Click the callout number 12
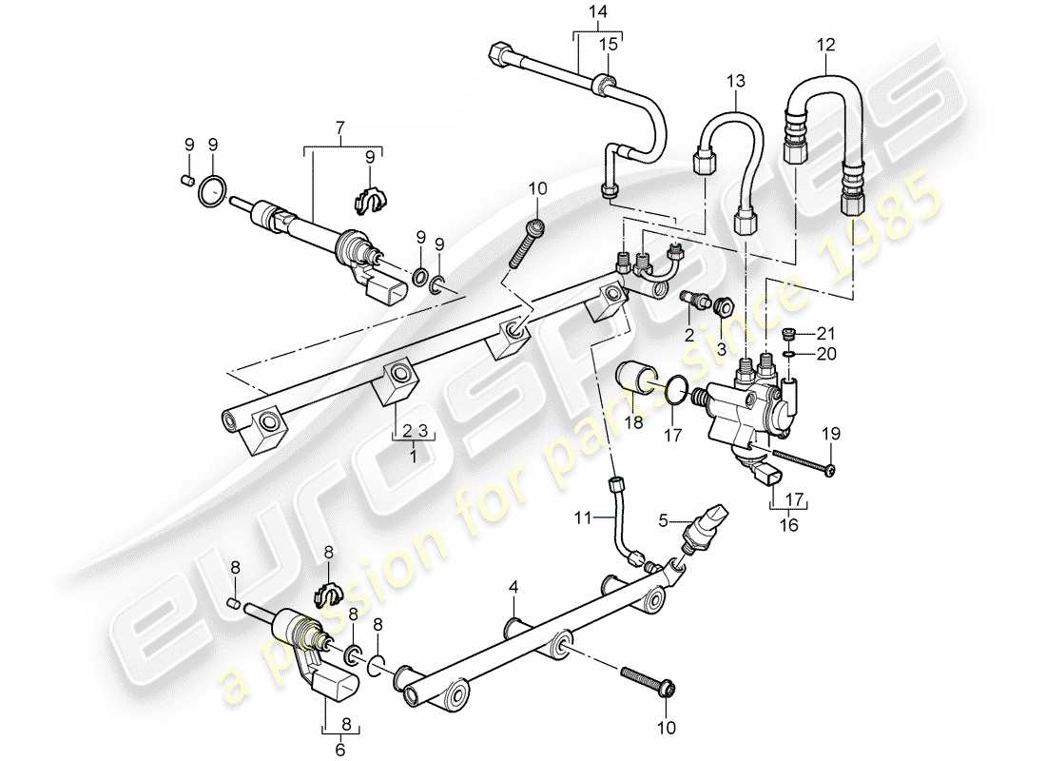click(825, 44)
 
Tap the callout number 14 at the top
click(596, 11)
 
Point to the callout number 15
click(608, 46)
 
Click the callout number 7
click(341, 127)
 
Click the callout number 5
click(669, 519)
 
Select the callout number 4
click(513, 588)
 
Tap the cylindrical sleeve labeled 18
click(635, 379)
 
